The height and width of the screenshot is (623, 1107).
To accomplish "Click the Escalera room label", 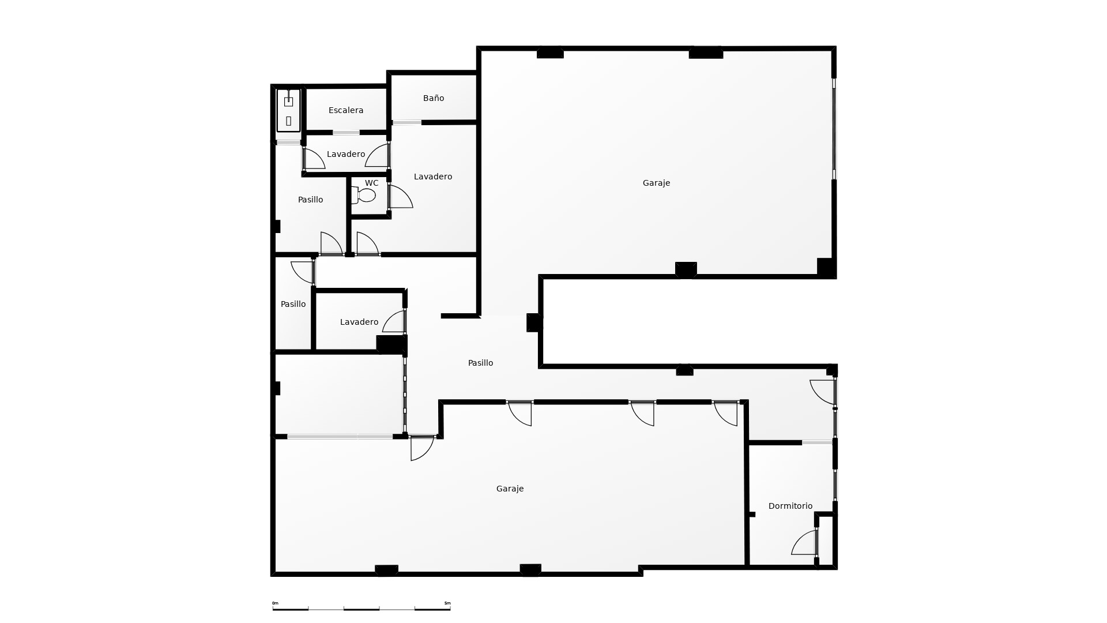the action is pyautogui.click(x=346, y=110).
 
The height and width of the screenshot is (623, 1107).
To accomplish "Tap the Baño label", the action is pyautogui.click(x=434, y=98).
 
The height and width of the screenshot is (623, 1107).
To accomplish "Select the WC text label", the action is pyautogui.click(x=371, y=183).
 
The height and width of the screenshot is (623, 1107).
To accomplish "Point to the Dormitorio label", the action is pyautogui.click(x=790, y=506).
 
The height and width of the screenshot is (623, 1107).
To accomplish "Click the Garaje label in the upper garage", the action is pyautogui.click(x=656, y=183).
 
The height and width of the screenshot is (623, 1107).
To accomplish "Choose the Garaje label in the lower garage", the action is pyautogui.click(x=510, y=489).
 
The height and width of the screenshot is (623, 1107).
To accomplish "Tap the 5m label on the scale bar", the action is pyautogui.click(x=447, y=603).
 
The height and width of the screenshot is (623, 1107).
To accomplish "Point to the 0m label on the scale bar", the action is pyautogui.click(x=275, y=603).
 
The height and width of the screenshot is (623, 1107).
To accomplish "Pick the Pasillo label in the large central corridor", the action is pyautogui.click(x=480, y=363).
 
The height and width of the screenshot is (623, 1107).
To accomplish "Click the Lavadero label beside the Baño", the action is pyautogui.click(x=432, y=177).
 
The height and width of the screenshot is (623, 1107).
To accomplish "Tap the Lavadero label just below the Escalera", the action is pyautogui.click(x=346, y=154).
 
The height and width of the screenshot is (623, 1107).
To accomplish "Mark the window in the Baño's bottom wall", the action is pyautogui.click(x=407, y=122).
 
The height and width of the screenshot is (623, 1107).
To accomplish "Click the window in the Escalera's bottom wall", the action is pyautogui.click(x=346, y=133).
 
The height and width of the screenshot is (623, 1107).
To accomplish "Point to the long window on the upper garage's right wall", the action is pyautogui.click(x=834, y=129).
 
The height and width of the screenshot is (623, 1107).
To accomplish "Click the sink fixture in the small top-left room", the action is pyautogui.click(x=288, y=102).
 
